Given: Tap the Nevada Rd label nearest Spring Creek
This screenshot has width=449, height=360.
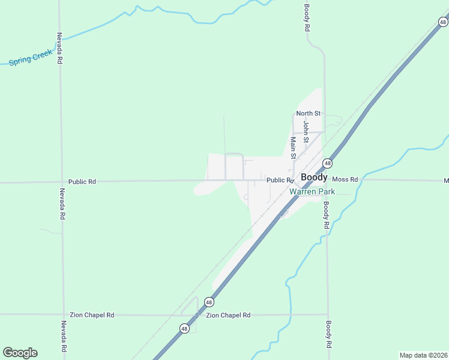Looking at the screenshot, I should pos(59,48).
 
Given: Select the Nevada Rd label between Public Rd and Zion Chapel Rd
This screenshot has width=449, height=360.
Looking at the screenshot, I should pos(62,205).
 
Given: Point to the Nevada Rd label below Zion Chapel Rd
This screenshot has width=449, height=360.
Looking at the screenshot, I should pos(63,337).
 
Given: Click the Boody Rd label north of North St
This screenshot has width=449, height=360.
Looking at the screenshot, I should pos(306,18).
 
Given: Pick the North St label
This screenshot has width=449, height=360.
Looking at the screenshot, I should pos(309,113).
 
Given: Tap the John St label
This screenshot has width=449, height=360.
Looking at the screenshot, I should pos(306,131).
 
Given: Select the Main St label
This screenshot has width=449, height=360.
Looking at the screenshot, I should pos(294,148).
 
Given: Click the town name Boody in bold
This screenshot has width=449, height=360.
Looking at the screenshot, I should pos(314,178).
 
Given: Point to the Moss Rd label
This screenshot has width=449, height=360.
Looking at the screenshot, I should pos(345,179).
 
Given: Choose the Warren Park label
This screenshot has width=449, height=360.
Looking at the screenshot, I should pos(312,192).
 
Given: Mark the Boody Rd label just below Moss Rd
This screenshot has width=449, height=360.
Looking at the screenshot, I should pos(326,214).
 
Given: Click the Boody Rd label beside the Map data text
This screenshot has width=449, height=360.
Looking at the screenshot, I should pos(328,335).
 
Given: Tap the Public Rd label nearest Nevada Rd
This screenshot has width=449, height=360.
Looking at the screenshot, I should pos(82,181).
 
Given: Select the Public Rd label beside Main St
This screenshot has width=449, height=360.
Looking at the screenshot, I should pos(280,180).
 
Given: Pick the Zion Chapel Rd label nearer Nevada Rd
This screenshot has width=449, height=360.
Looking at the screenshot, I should pos(92,315).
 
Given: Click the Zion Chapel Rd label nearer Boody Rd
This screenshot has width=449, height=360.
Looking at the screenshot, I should pos(228,315).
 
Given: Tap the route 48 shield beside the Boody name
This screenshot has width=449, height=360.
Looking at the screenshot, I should pos(327,163).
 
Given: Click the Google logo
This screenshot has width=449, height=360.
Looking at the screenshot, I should pos(20,353).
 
